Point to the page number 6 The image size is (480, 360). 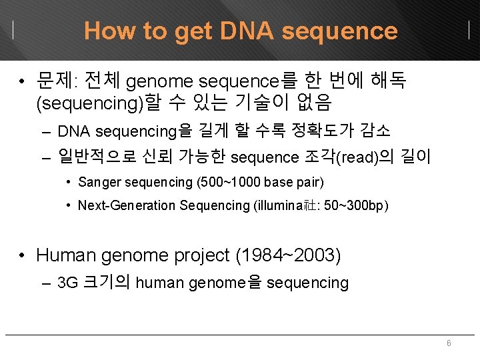pos(449,343)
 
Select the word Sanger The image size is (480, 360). pos(97,182)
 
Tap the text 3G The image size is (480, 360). pos(67,283)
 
